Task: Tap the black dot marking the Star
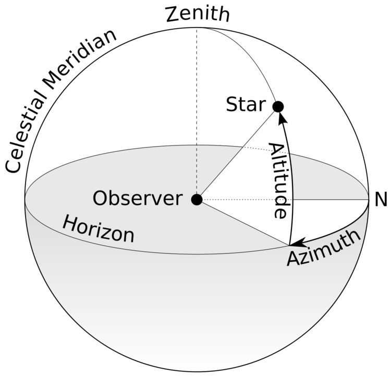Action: (x=278, y=107)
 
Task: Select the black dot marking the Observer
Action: (x=197, y=199)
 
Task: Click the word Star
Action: (x=246, y=105)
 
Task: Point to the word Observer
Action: (x=138, y=199)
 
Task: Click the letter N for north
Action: (x=381, y=200)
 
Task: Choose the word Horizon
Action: (x=98, y=230)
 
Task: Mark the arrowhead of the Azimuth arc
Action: (x=296, y=242)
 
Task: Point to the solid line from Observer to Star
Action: (x=237, y=153)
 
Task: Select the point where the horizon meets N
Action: (x=368, y=200)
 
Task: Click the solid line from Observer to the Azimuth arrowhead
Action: (x=242, y=222)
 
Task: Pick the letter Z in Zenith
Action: (x=173, y=14)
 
